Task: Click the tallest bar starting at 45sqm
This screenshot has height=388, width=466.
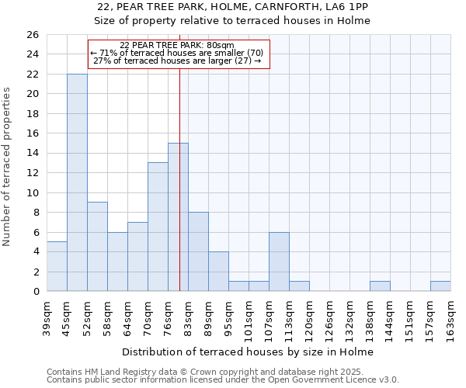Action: pyautogui.click(x=77, y=182)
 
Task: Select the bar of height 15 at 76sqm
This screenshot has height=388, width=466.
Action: pyautogui.click(x=178, y=217)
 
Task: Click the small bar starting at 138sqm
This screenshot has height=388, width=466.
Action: pyautogui.click(x=380, y=286)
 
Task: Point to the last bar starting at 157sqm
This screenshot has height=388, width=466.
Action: pyautogui.click(x=440, y=286)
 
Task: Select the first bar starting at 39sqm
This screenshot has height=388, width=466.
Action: pyautogui.click(x=57, y=266)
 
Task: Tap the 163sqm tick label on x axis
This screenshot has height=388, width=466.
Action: pyautogui.click(x=451, y=317)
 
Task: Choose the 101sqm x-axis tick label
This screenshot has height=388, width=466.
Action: pyautogui.click(x=249, y=317)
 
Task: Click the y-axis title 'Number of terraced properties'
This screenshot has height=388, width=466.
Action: pyautogui.click(x=8, y=167)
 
